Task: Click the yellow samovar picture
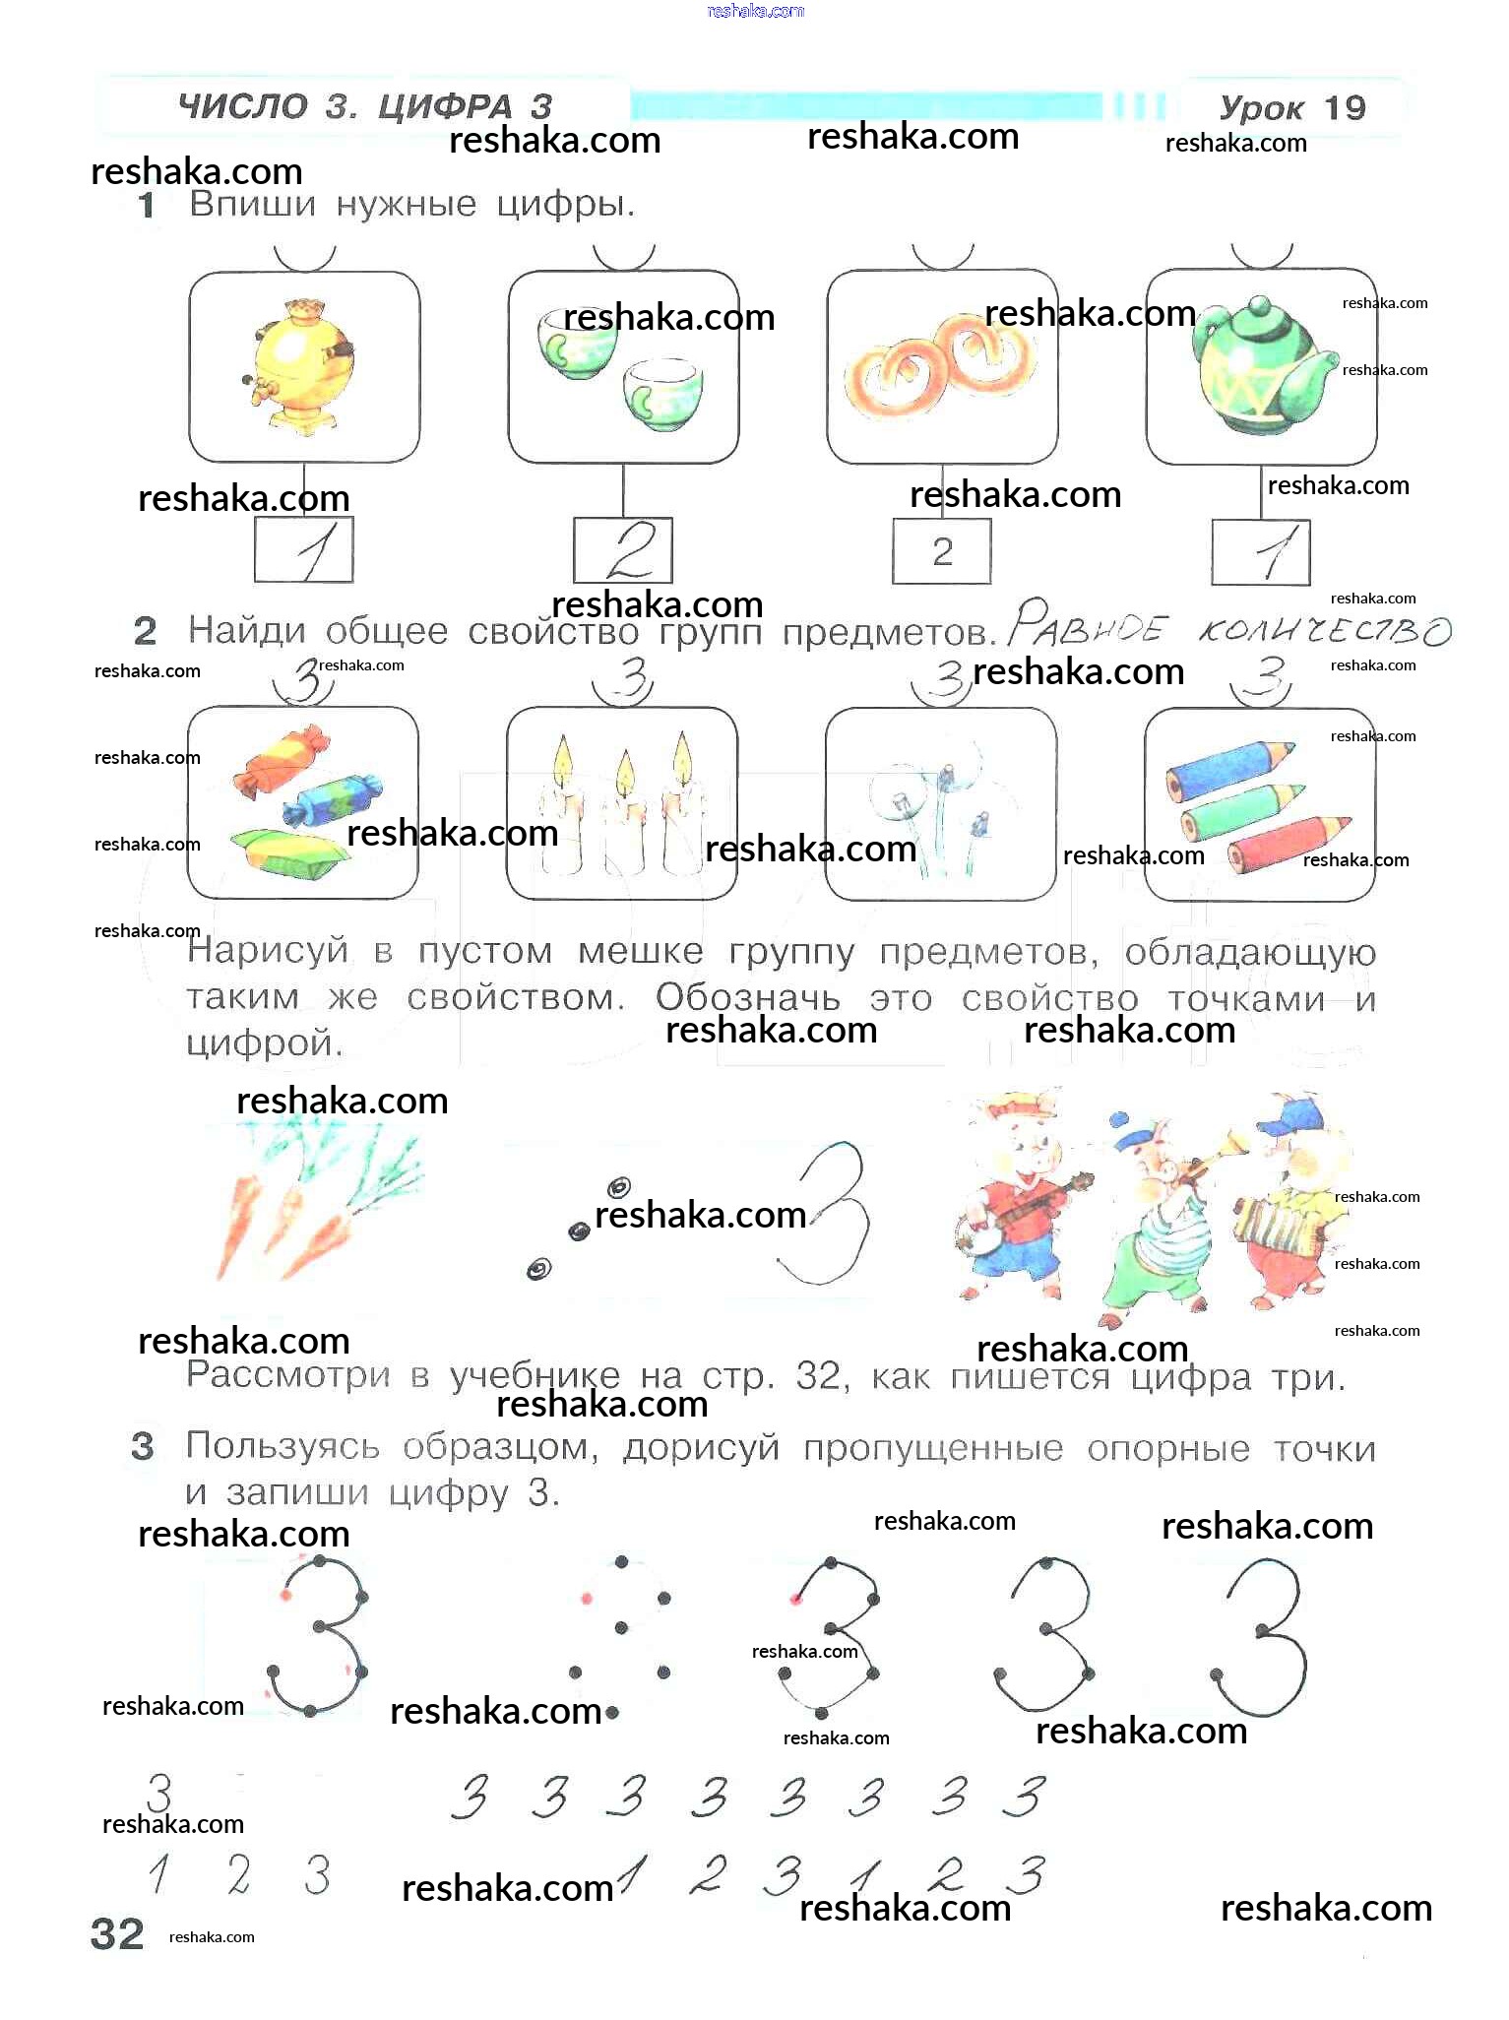[x=298, y=366]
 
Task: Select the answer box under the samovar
[x=304, y=551]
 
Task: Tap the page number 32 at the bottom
[x=117, y=1934]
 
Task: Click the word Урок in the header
[x=1262, y=107]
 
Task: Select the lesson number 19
[x=1345, y=107]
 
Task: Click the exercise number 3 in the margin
[x=143, y=1446]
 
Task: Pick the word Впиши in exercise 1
[x=253, y=205]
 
